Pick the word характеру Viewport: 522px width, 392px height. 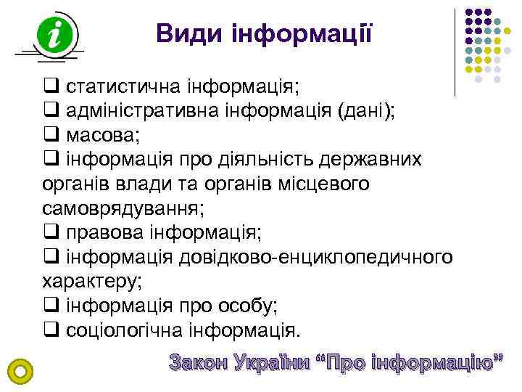tap(93, 281)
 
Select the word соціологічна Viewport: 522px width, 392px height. tap(123, 330)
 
